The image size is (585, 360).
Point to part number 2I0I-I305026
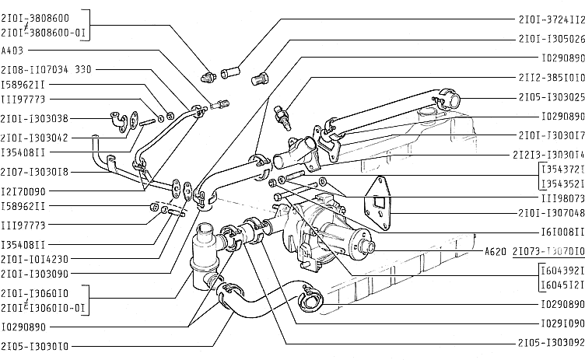(551, 38)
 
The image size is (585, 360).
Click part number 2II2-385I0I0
(551, 78)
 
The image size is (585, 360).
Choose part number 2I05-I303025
(551, 98)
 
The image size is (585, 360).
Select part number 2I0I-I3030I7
(551, 135)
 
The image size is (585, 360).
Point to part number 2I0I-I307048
(551, 212)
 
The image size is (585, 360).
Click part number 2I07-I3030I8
(34, 171)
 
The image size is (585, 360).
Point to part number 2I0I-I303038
(34, 119)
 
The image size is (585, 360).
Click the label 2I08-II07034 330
(46, 69)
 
